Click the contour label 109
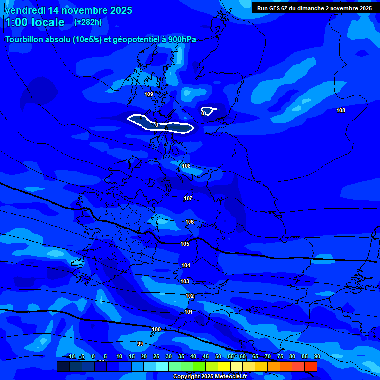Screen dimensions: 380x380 [x=149, y=94]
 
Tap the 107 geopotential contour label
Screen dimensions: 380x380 [x=188, y=198]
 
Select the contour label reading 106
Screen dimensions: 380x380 [x=190, y=222]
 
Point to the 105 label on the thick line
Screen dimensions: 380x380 [x=185, y=244]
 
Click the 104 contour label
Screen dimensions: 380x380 [x=186, y=265]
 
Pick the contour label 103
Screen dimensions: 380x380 [x=185, y=281]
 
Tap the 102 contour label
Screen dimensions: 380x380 [x=190, y=296]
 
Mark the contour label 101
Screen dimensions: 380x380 [x=189, y=312]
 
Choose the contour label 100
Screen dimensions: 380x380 [x=156, y=329]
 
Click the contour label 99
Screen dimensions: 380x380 [x=140, y=343]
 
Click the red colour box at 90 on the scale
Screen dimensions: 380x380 [x=311, y=366]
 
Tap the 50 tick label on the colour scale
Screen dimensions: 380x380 [x=218, y=356]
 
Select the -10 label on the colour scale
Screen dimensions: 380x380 [x=71, y=356]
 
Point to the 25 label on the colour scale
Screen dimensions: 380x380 [x=156, y=356]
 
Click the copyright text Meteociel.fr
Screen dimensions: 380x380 [x=209, y=377]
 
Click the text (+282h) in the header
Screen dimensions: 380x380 [x=88, y=22]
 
